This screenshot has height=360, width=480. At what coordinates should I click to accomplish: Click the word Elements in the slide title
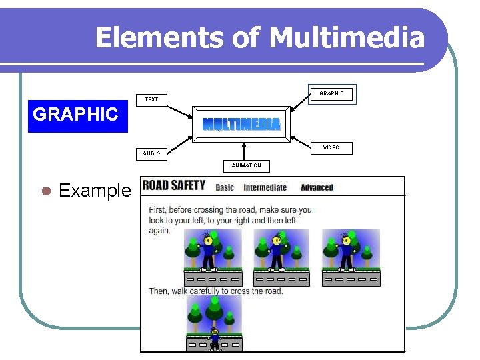pos(158,37)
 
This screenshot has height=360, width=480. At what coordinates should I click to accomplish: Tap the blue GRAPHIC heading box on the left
pos(77,115)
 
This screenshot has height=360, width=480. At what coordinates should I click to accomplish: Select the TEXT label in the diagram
pos(152,99)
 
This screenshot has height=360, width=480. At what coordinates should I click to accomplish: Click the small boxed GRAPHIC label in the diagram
pos(331,94)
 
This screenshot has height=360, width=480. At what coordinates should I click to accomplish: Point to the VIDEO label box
pos(331,147)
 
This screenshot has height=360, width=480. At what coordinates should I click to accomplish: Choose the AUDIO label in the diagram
pos(151,153)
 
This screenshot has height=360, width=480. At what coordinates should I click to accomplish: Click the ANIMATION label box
pos(247,165)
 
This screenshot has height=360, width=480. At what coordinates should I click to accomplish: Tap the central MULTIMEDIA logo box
pos(241,124)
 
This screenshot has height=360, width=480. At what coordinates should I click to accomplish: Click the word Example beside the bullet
pos(95,191)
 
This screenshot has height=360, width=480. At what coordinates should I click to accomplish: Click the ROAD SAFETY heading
pos(175,185)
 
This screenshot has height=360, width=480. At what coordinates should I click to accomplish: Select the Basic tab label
pos(225,187)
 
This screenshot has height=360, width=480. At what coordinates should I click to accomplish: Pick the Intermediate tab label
pos(265,187)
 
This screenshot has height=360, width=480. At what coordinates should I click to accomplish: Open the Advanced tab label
pos(317,187)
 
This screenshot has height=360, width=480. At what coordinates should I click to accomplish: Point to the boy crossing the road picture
pos(214,323)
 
